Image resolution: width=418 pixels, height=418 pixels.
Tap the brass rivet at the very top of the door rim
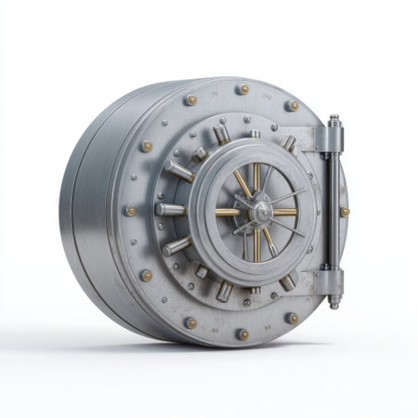(x=242, y=90)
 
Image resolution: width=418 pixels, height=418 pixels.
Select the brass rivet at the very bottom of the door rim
(x=242, y=333)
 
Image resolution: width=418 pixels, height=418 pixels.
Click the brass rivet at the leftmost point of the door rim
(x=131, y=211)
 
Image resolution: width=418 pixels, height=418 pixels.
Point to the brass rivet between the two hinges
(x=345, y=212)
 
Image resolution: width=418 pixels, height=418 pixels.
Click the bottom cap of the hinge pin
(x=333, y=302)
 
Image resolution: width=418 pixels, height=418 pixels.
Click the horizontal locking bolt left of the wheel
(x=171, y=210)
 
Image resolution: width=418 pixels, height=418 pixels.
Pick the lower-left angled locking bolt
(x=178, y=247)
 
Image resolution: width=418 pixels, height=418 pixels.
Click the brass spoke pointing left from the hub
(x=229, y=212)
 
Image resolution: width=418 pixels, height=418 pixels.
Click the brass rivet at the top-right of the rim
(x=294, y=106)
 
